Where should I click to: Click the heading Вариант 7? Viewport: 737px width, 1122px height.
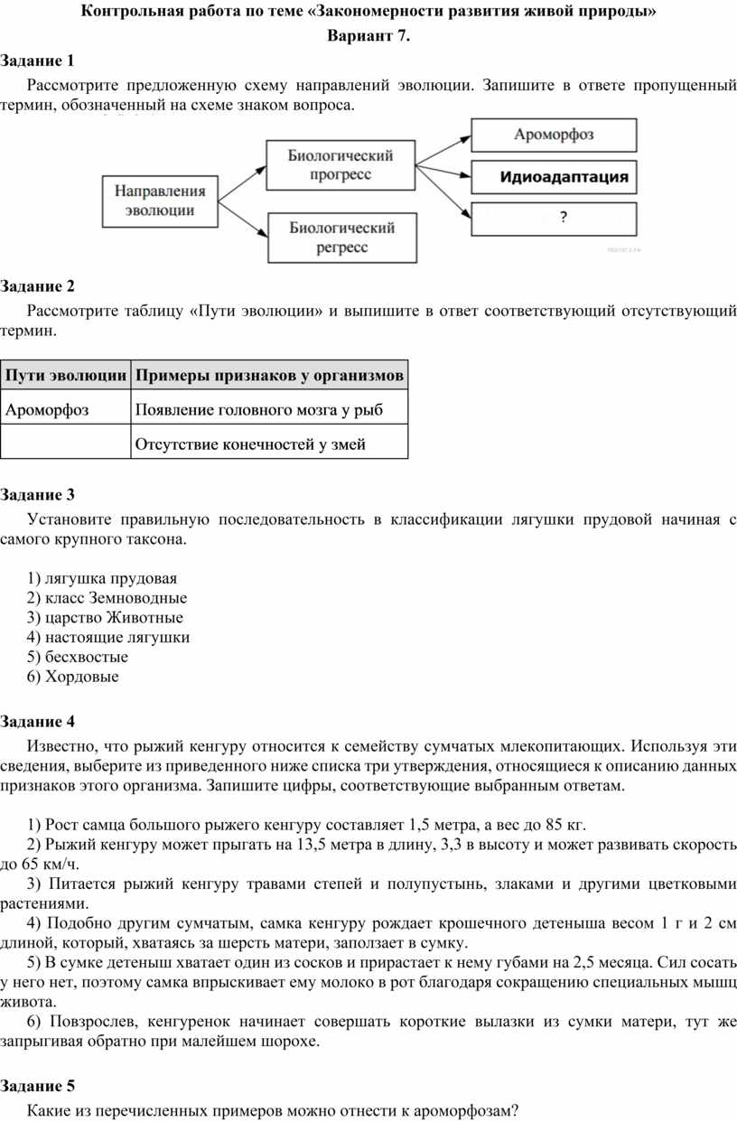tap(368, 37)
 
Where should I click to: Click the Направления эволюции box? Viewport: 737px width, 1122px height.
tap(160, 201)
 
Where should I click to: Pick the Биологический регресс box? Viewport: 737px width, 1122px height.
tap(341, 238)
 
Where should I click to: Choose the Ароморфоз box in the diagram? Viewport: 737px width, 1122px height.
tap(553, 135)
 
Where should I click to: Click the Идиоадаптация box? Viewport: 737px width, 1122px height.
tap(553, 177)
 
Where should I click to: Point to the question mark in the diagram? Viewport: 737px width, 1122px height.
tap(564, 217)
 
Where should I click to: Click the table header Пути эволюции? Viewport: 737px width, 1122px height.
tap(66, 375)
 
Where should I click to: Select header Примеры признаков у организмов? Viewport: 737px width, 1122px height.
tap(269, 375)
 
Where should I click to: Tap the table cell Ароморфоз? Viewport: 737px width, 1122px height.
tap(47, 410)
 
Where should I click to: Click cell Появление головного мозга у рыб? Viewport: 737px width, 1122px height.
tap(258, 410)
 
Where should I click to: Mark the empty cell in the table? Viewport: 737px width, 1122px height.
tap(66, 443)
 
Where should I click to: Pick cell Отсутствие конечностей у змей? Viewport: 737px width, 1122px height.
tap(249, 444)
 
